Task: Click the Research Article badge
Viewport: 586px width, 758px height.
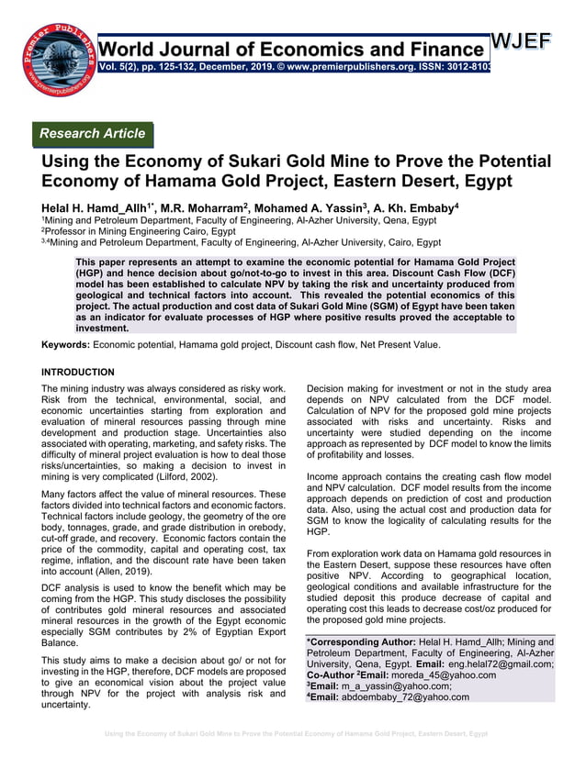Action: [92, 134]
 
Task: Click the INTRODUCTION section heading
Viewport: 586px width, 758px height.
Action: [78, 373]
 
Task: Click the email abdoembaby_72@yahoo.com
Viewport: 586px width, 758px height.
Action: [403, 697]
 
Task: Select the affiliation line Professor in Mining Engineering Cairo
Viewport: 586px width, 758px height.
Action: [138, 231]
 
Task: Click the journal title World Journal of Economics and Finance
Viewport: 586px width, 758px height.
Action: [292, 49]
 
